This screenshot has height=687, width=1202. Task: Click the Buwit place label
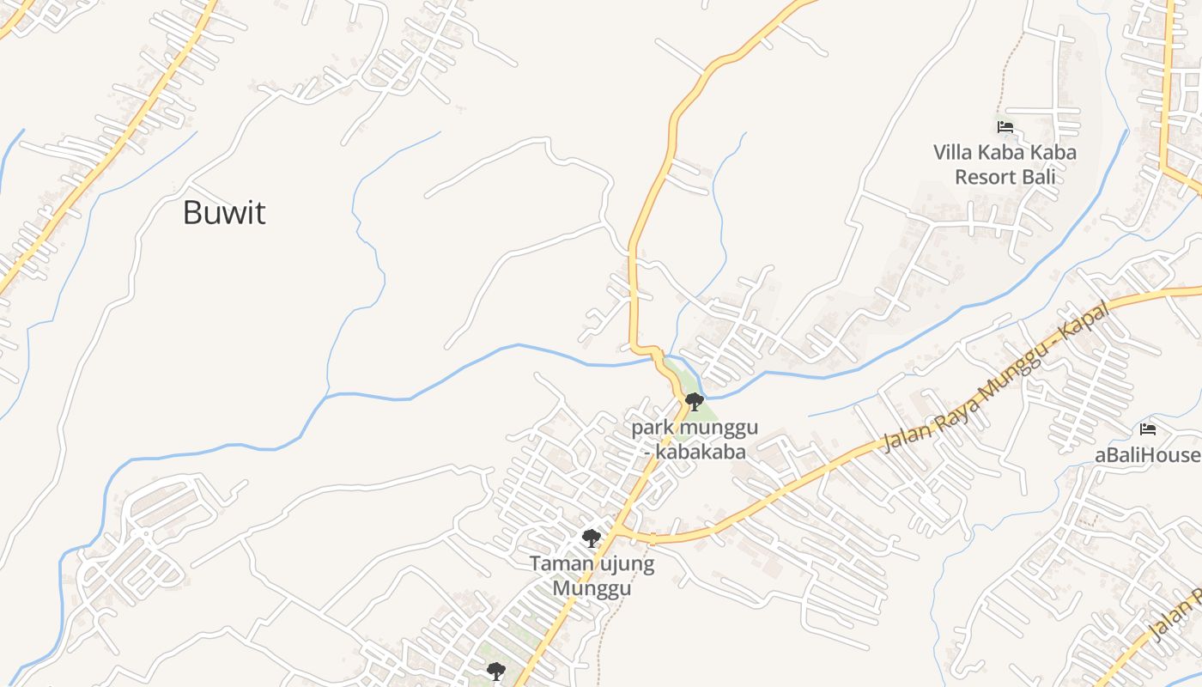(x=224, y=213)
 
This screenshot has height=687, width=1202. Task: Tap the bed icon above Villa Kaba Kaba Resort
(x=1005, y=127)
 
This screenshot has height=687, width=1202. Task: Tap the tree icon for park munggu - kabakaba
(x=695, y=401)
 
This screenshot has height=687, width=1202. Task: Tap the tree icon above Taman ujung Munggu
(x=591, y=538)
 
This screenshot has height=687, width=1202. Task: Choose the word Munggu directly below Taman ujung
(x=591, y=588)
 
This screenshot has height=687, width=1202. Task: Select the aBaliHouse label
(x=1147, y=455)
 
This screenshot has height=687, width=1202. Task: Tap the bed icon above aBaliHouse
(x=1148, y=429)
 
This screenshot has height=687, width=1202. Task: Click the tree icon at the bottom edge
(x=495, y=671)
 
